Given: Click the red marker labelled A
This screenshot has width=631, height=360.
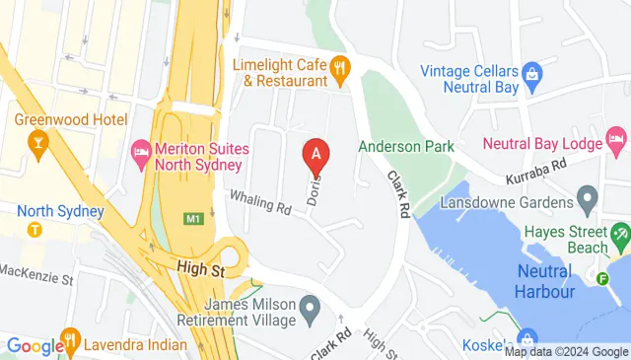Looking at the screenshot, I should click(x=315, y=155).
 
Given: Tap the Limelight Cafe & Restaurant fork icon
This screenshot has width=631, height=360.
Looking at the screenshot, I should click(x=341, y=68).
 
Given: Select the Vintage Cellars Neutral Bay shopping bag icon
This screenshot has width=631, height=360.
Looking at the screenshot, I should click(x=532, y=72).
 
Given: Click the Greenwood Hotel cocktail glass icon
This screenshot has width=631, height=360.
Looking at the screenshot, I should click(x=38, y=147).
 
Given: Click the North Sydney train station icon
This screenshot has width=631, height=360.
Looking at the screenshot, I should click(x=35, y=230).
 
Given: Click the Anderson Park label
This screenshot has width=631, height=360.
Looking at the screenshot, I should click(x=405, y=146).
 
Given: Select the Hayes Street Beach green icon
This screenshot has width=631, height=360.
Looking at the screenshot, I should click(x=620, y=236).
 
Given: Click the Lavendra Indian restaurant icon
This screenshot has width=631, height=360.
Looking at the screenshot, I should click(x=70, y=344).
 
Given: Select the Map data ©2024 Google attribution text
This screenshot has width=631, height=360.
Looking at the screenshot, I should click(x=566, y=352).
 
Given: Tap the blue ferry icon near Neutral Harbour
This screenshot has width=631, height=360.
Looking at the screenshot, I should click(x=603, y=277).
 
